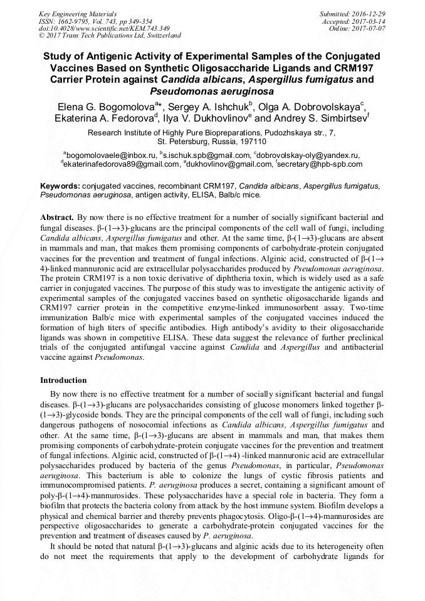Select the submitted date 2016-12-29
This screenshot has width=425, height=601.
[368, 14]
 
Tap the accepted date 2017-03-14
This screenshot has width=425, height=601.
[368, 21]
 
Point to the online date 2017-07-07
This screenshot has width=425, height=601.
[368, 29]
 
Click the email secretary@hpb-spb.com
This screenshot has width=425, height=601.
[312, 164]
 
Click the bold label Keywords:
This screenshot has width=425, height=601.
[60, 186]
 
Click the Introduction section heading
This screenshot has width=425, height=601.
[63, 380]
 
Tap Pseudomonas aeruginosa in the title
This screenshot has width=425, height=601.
[212, 91]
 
